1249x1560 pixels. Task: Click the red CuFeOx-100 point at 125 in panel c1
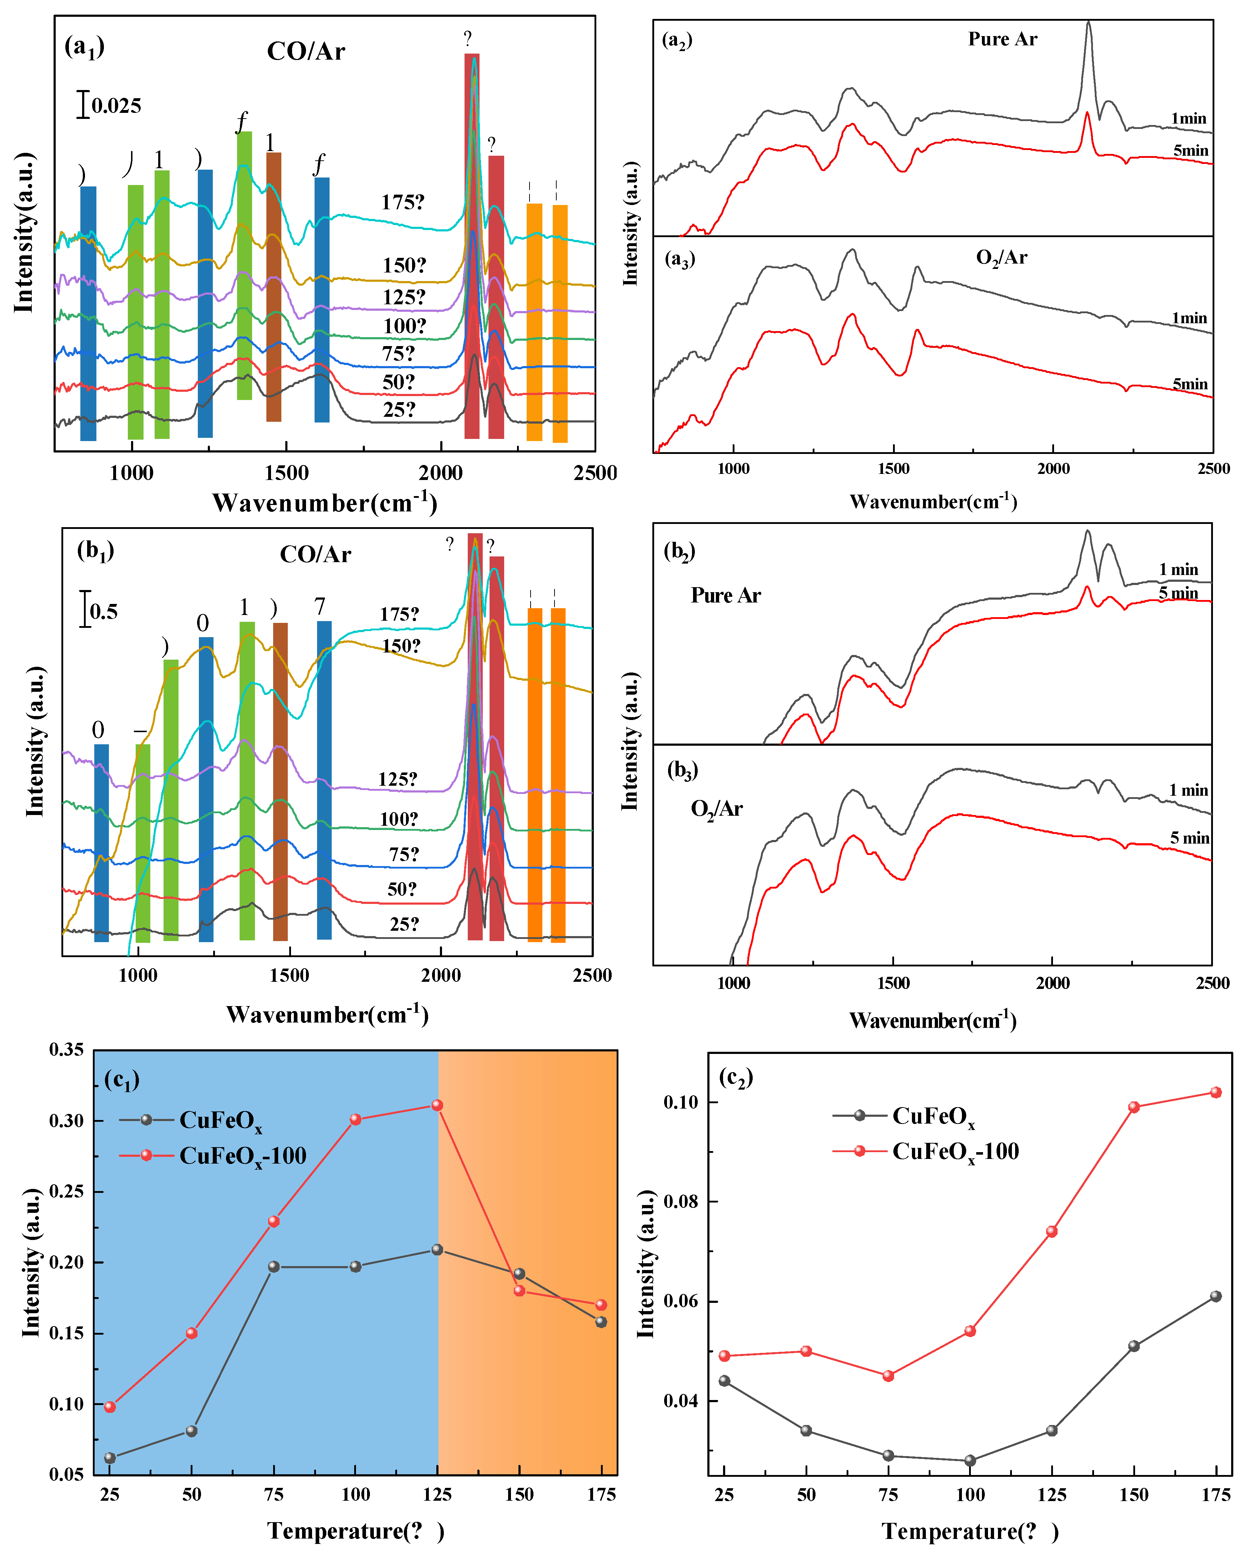pyautogui.click(x=437, y=1105)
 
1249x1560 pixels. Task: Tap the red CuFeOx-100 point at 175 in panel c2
pyautogui.click(x=1216, y=1092)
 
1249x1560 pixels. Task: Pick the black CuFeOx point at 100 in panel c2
pyautogui.click(x=970, y=1460)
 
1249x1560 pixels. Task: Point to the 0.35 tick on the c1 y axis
pyautogui.click(x=66, y=1049)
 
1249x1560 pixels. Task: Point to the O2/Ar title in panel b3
pyautogui.click(x=716, y=808)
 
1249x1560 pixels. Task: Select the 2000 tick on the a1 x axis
pyautogui.click(x=441, y=473)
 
